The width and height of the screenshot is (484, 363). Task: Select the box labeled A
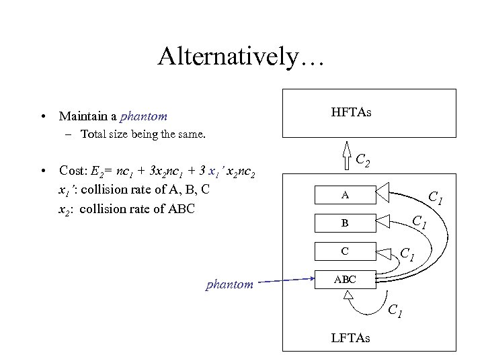coord(345,196)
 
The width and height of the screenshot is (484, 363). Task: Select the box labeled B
coord(345,223)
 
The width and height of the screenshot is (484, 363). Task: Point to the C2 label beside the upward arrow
coord(365,161)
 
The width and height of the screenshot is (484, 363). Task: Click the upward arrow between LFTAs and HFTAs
coord(348,155)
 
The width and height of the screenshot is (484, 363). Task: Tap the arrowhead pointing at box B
coord(382,219)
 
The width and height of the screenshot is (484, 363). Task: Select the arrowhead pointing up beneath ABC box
coord(350,301)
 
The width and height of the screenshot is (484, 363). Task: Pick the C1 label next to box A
coord(435,198)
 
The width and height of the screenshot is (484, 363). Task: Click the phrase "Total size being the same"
coord(143,134)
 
